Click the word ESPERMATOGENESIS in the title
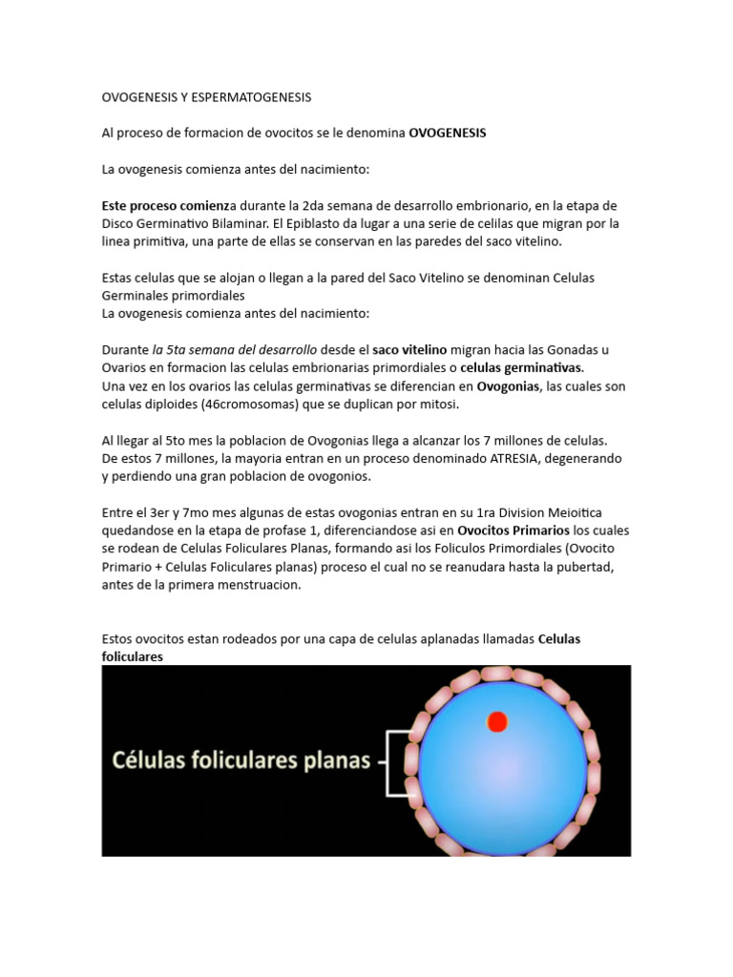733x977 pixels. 250,97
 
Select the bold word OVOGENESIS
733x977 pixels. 447,134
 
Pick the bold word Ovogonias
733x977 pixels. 508,386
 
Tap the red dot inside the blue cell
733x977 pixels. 496,722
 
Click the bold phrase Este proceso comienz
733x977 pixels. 160,206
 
